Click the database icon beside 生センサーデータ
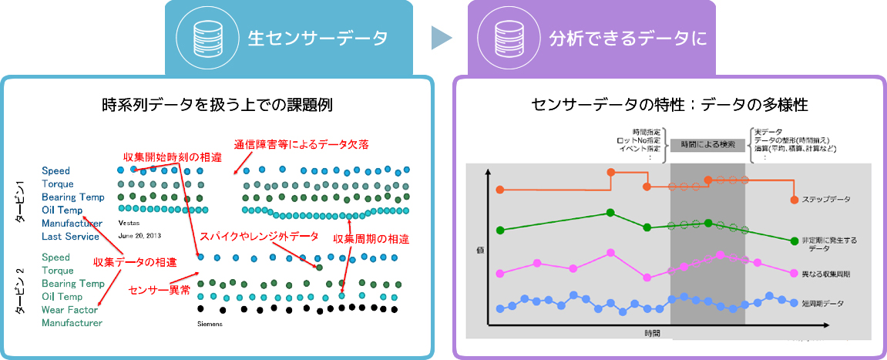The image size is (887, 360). [x=201, y=36]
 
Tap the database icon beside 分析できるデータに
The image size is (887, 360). [x=503, y=36]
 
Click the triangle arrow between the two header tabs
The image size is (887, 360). [x=440, y=37]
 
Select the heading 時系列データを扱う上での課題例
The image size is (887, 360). [x=217, y=104]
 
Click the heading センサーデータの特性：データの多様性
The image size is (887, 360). [x=669, y=104]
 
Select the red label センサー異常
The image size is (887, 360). [x=158, y=290]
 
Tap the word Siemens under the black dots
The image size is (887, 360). [x=210, y=324]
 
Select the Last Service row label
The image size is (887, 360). [x=70, y=237]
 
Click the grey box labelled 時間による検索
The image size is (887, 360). [x=707, y=144]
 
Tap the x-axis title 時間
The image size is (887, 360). [x=651, y=333]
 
